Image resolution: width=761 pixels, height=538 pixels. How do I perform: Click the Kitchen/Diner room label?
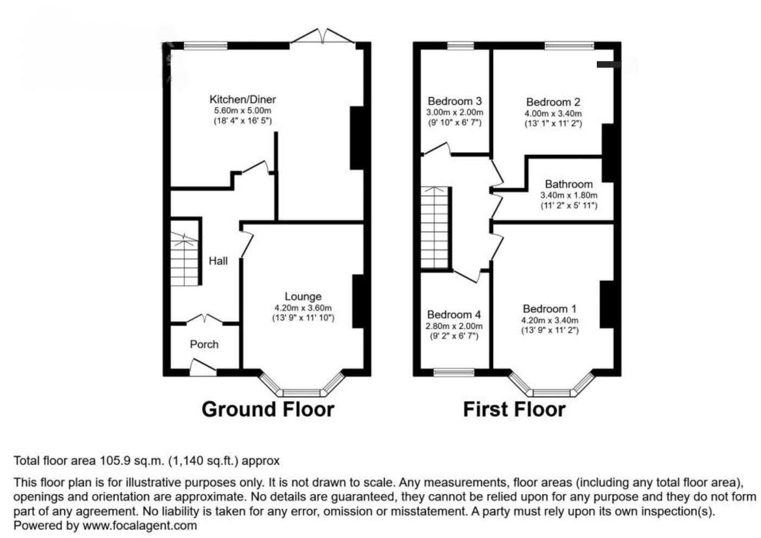[x=242, y=99]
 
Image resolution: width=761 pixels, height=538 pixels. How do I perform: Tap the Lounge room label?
[x=303, y=296]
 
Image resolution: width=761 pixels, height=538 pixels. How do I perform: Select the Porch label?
[x=204, y=344]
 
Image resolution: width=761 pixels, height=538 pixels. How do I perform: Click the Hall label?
[x=218, y=261]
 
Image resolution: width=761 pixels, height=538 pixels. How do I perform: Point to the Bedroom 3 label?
[x=454, y=101]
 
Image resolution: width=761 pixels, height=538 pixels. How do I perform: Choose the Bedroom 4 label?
[x=454, y=314]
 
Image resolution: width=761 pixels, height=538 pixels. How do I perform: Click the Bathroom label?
[x=569, y=184]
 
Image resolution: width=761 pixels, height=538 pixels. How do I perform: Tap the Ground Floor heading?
[x=268, y=409]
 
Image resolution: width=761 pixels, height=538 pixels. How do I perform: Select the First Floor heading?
[x=514, y=409]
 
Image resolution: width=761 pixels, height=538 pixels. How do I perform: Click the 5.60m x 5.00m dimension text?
[x=242, y=110]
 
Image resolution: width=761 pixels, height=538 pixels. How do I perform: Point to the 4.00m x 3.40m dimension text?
[x=553, y=114]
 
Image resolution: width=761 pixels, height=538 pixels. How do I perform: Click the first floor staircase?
[x=435, y=228]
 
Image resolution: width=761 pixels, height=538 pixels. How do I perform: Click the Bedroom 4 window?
[x=454, y=372]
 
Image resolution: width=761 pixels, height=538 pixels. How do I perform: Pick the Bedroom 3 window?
[x=460, y=46]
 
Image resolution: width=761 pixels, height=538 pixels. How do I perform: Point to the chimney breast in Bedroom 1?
[x=607, y=304]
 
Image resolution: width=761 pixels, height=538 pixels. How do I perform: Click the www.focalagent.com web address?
[x=140, y=526]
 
